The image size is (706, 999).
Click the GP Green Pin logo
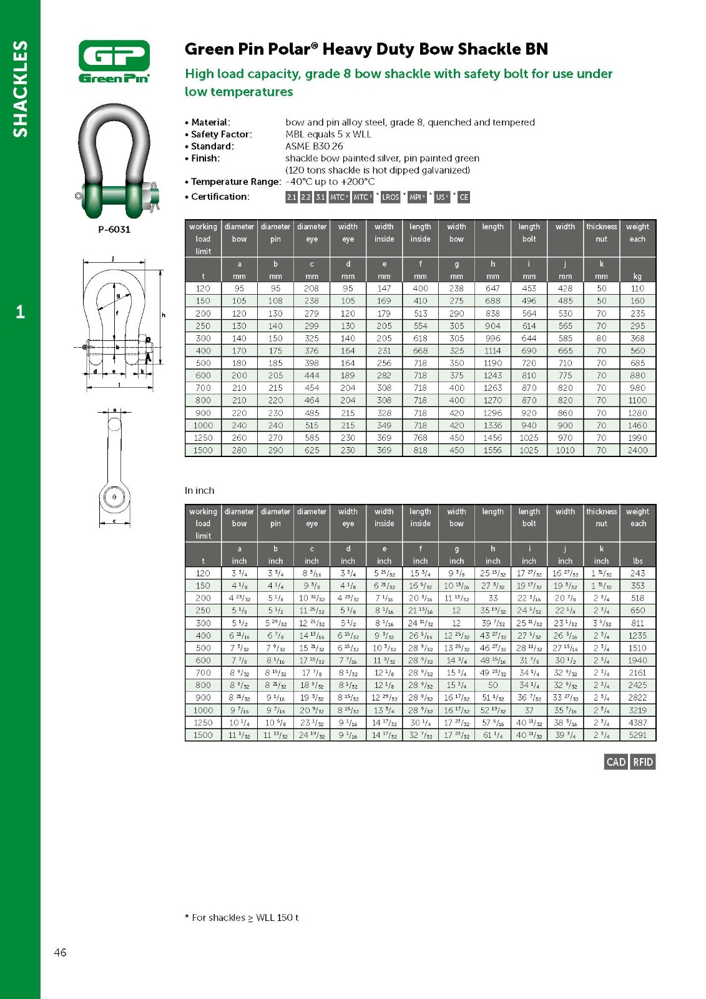[114, 61]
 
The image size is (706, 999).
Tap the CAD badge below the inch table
[615, 762]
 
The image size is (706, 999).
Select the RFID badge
[643, 762]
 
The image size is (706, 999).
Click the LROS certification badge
[390, 197]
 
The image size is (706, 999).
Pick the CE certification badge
[464, 197]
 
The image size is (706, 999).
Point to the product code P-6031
[114, 229]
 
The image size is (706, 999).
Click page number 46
[60, 952]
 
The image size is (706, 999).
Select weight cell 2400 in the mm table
[637, 450]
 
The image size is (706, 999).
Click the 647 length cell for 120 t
[493, 288]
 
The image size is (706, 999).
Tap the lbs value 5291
[637, 735]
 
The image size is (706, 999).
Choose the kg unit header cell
[637, 276]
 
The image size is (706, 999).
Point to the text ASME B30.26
[314, 146]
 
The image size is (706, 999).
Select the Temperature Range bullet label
[235, 182]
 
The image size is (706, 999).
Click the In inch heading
[199, 491]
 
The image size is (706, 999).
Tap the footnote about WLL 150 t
[242, 917]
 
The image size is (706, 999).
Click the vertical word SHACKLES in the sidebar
[21, 89]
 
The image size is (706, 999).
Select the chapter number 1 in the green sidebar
[21, 312]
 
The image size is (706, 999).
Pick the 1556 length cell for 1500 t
[493, 450]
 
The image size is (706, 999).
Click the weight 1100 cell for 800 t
[637, 400]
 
